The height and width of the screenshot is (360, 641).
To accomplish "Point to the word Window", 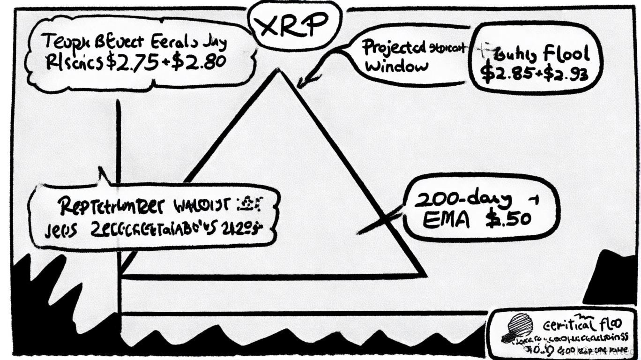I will [396, 66].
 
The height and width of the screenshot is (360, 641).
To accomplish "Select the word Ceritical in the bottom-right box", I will [567, 324].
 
